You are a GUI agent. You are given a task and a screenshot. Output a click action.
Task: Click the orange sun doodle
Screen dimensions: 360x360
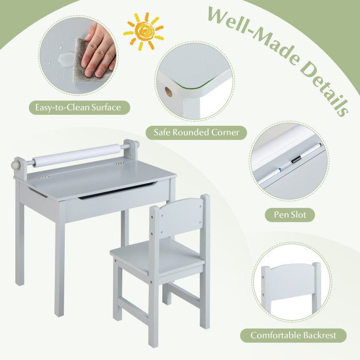[x=144, y=31]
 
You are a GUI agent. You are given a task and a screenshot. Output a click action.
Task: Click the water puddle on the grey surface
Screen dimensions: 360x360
[x=66, y=59]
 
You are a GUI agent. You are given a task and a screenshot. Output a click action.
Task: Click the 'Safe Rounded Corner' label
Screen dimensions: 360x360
[x=196, y=132]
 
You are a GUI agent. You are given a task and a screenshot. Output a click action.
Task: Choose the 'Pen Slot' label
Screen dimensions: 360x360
[x=290, y=215]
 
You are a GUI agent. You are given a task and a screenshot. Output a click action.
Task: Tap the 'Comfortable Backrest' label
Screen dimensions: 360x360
[x=293, y=336]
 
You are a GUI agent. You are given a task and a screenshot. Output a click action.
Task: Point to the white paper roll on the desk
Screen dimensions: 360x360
[x=76, y=155]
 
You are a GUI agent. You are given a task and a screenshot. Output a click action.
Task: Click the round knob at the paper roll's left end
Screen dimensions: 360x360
[x=16, y=165]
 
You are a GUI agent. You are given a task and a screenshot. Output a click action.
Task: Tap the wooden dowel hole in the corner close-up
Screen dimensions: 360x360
[x=169, y=92]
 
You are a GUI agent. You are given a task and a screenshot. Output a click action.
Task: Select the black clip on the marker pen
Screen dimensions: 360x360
[x=296, y=159]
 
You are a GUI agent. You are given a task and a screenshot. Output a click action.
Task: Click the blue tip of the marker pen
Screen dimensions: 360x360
[x=280, y=170]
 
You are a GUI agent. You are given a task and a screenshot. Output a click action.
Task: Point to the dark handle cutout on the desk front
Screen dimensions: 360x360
[x=118, y=191]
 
